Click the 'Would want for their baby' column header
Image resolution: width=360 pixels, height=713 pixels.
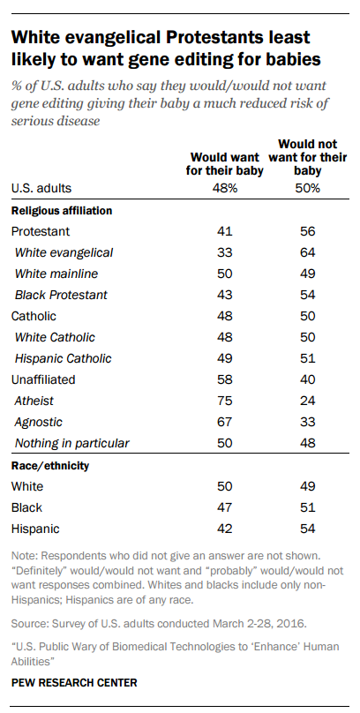[x=224, y=165]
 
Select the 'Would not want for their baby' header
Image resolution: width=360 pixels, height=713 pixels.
[x=308, y=158]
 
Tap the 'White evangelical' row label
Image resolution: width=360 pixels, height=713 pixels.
[x=64, y=253]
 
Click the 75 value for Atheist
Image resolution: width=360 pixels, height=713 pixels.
[x=224, y=401]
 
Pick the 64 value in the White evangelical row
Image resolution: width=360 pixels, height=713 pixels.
[x=308, y=253]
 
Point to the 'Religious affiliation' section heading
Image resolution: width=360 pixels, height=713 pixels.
[x=62, y=211]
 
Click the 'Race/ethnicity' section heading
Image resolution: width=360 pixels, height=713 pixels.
[x=50, y=466]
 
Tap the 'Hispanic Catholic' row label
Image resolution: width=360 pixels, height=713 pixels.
[x=64, y=359]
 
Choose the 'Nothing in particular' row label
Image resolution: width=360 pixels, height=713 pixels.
[x=72, y=443]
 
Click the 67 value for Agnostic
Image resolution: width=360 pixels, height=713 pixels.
[x=224, y=422]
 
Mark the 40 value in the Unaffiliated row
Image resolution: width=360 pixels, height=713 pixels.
[x=308, y=379]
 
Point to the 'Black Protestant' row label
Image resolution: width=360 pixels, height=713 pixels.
[x=62, y=295]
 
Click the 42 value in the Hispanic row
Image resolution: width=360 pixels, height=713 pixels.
[x=224, y=529]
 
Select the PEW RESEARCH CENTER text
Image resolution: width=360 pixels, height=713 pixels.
[x=74, y=682]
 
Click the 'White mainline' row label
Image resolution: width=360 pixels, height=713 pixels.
[x=56, y=274]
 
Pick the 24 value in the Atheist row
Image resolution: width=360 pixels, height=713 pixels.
[x=308, y=401]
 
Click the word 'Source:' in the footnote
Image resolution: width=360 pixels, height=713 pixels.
[x=26, y=623]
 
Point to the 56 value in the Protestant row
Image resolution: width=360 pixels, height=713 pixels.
[x=308, y=231]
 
